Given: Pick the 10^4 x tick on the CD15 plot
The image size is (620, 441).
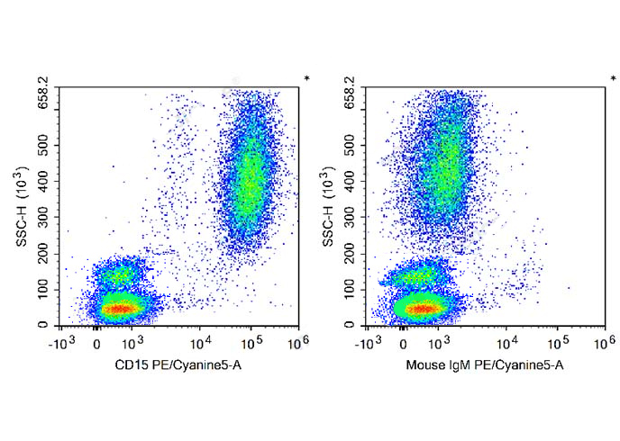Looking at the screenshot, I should click(x=200, y=341).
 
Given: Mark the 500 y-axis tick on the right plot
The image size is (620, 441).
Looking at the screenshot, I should click(x=349, y=144).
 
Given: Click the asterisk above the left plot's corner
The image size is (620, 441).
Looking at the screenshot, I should click(x=306, y=79).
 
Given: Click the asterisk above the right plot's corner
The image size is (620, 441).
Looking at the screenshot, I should click(x=613, y=79).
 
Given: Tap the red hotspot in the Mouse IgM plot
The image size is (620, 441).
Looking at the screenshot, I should click(x=422, y=309).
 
